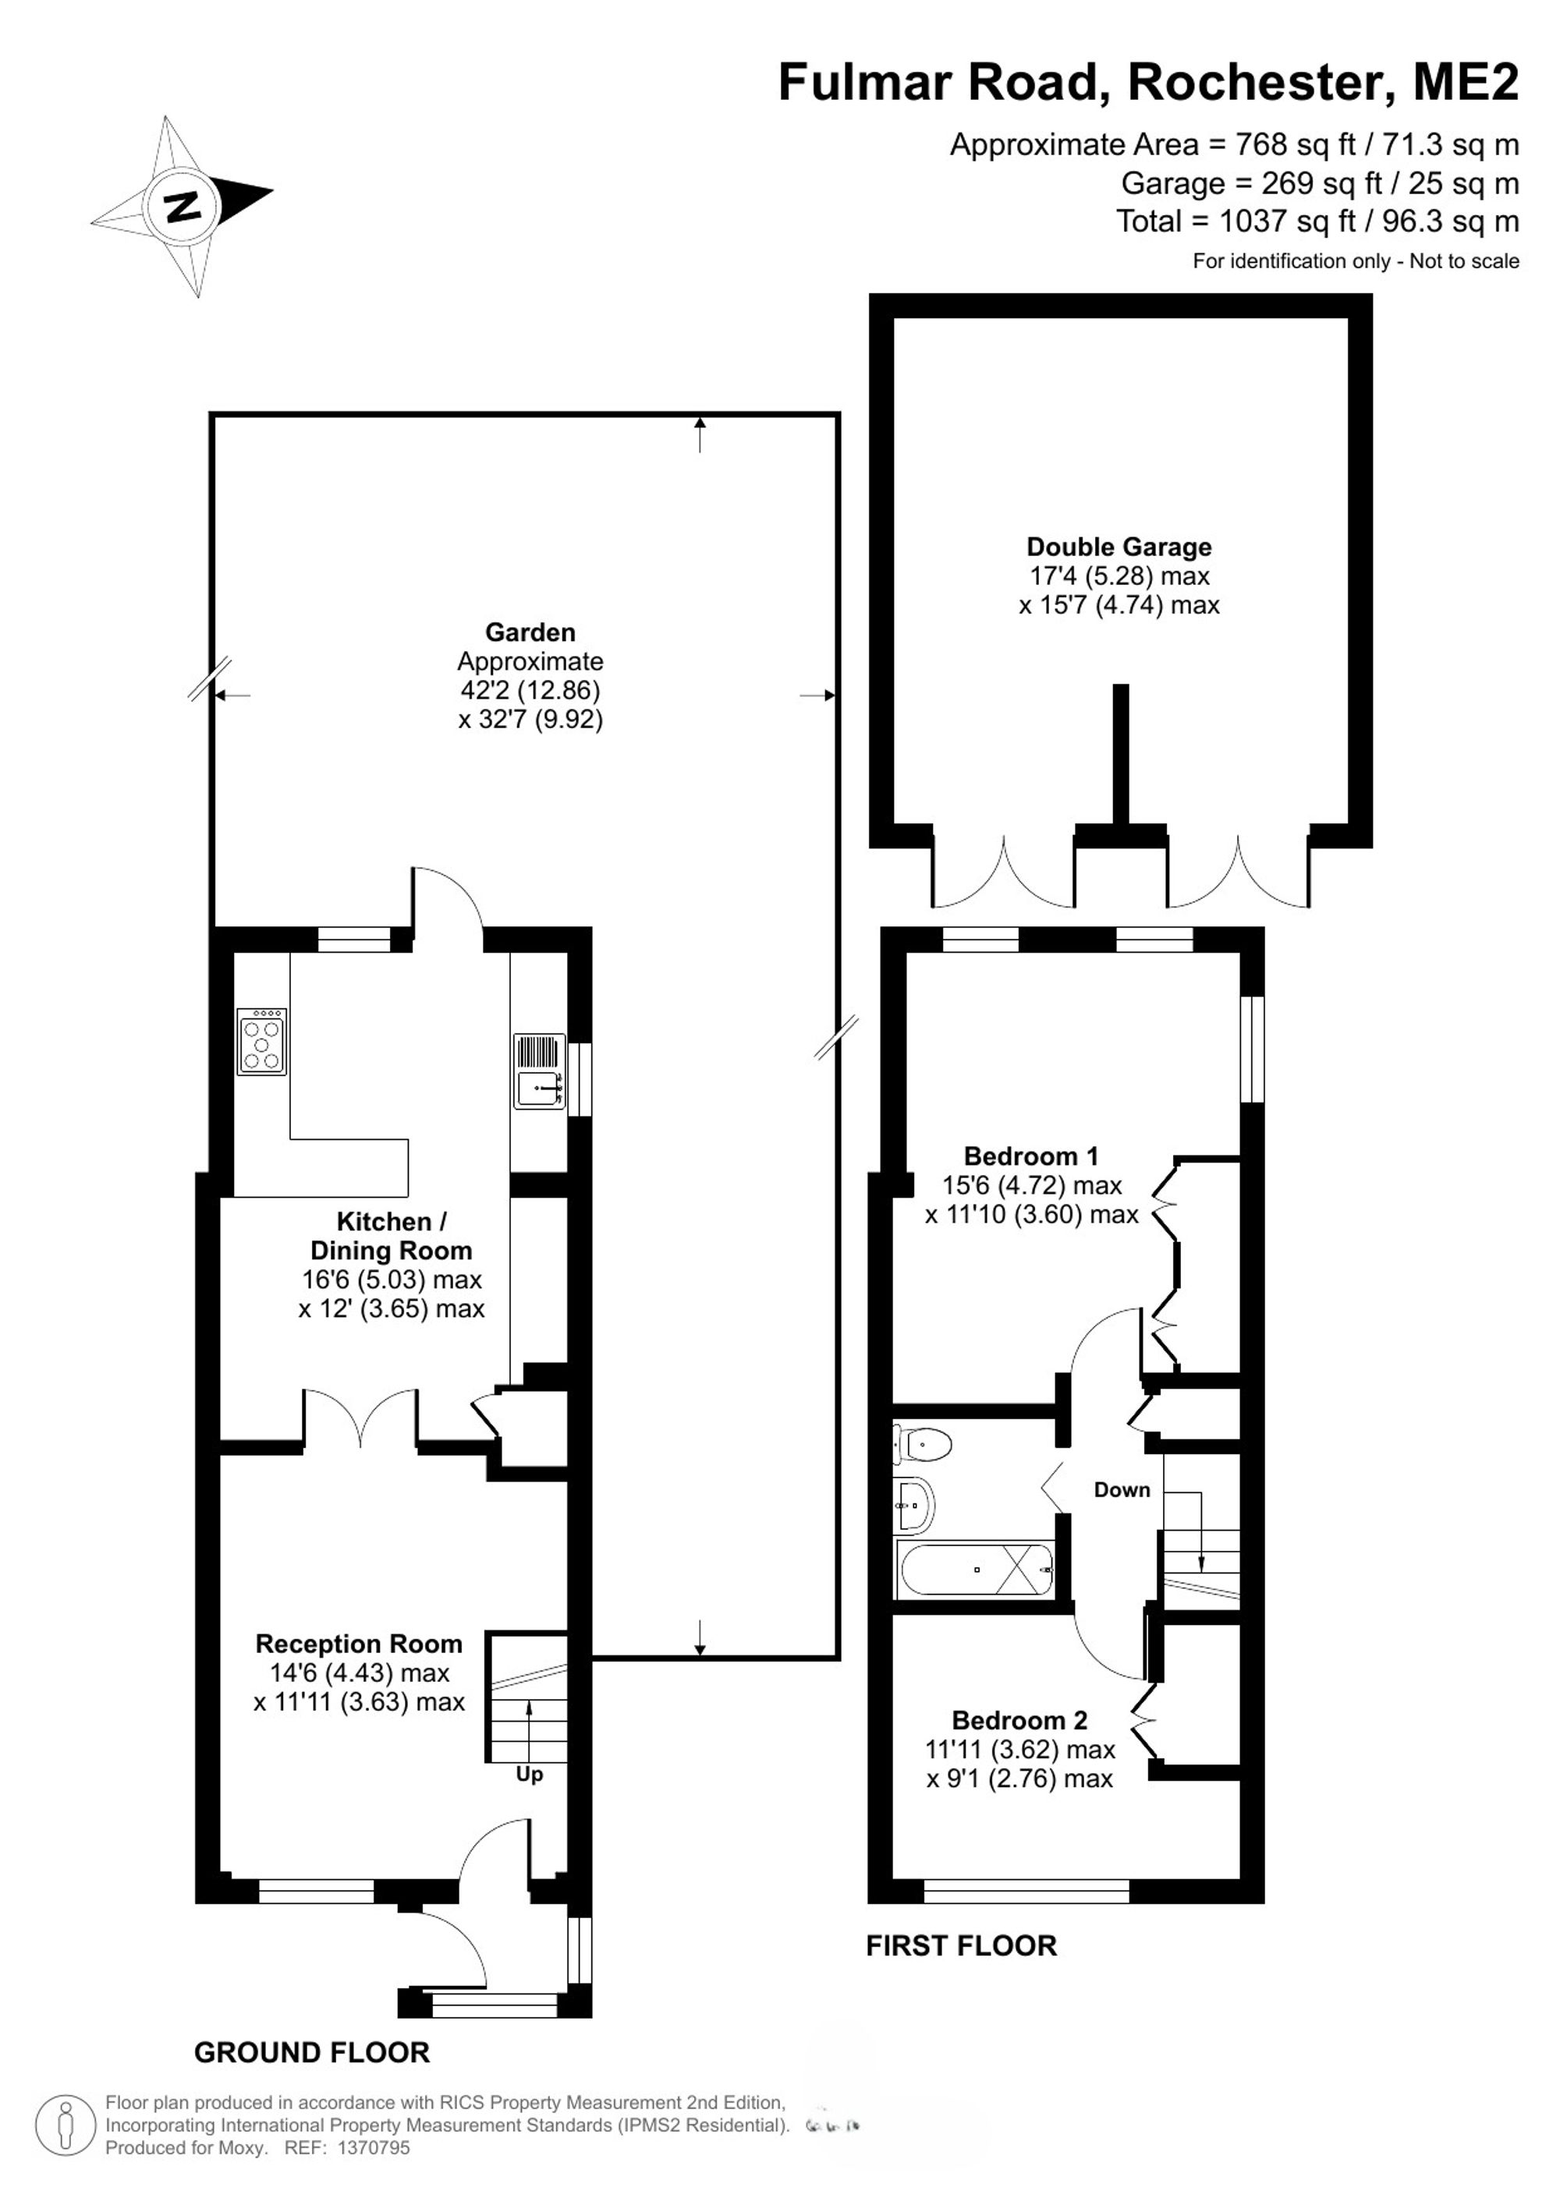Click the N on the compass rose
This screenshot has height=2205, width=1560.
[x=182, y=207]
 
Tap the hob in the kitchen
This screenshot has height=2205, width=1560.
[x=262, y=1041]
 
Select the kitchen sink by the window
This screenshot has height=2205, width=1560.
[x=540, y=1072]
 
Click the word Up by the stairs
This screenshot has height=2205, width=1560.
[x=530, y=1774]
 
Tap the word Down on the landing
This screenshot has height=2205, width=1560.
[x=1122, y=1489]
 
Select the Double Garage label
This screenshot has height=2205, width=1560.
[x=1119, y=547]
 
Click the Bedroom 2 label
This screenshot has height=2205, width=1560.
[x=1019, y=1720]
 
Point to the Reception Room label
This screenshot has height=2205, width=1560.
[x=358, y=1644]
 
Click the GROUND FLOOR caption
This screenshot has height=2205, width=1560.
[x=312, y=2052]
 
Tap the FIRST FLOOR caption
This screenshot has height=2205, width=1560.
[x=962, y=1945]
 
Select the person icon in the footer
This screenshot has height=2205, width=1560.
[x=66, y=2125]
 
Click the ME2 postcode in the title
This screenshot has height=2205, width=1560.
[x=1466, y=82]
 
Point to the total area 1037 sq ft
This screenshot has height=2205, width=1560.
[x=1287, y=222]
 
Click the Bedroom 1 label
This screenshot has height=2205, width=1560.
[x=1030, y=1156]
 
